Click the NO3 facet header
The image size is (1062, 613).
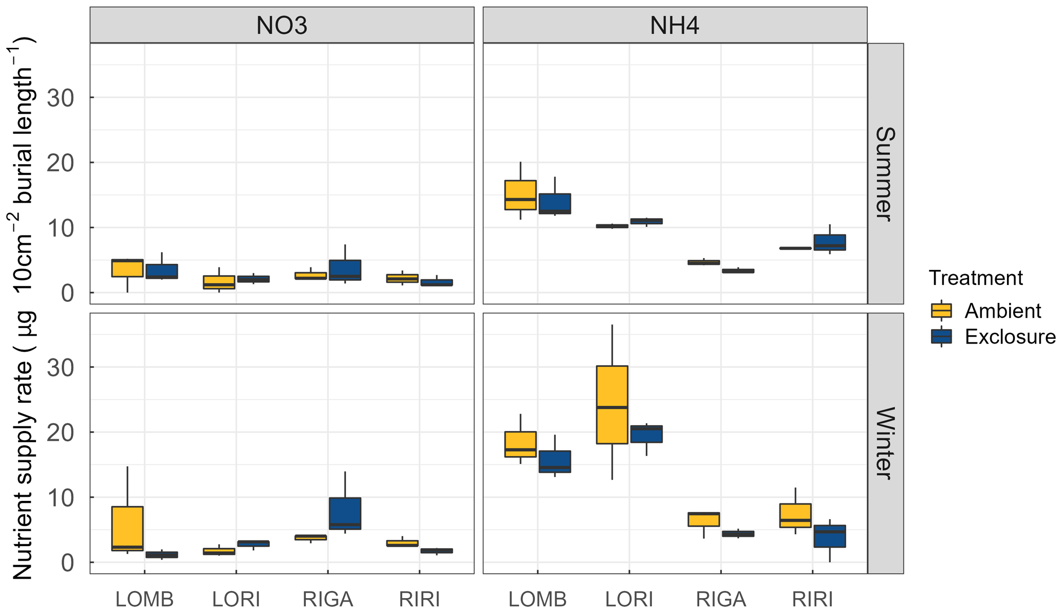click(x=282, y=25)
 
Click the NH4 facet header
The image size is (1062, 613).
click(x=675, y=25)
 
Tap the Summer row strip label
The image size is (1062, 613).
click(x=885, y=173)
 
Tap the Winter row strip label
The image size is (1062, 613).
click(x=885, y=443)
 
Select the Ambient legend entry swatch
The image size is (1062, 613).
click(x=941, y=311)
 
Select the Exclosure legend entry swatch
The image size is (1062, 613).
click(x=941, y=336)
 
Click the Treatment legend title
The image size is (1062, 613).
click(x=976, y=278)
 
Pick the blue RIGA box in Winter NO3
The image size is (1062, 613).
click(x=345, y=513)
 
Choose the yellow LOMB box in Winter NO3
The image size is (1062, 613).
click(x=127, y=529)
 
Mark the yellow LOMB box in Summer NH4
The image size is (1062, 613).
click(x=520, y=195)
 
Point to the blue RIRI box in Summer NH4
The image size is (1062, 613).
click(x=829, y=242)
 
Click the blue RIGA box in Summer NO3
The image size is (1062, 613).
click(x=345, y=270)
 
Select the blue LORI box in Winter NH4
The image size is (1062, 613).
click(x=646, y=434)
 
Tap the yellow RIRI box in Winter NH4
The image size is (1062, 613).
click(x=795, y=515)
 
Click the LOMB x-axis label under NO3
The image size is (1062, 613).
click(x=144, y=600)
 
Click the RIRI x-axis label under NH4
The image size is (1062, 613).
click(x=812, y=600)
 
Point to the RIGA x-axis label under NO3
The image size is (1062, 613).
click(x=328, y=600)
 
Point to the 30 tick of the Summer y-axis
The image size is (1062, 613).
click(x=60, y=98)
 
